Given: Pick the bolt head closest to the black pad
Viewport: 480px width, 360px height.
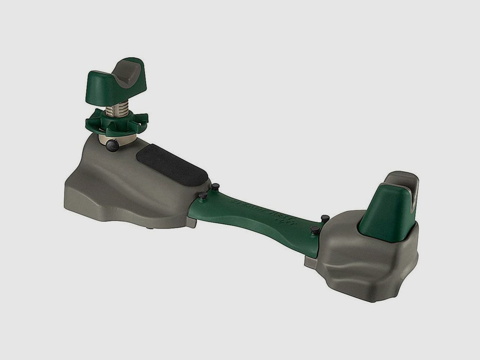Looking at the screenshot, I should [216, 186].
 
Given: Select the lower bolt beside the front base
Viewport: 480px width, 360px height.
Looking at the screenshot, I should [202, 195].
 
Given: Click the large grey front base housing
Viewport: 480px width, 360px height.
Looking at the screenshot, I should [119, 187].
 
